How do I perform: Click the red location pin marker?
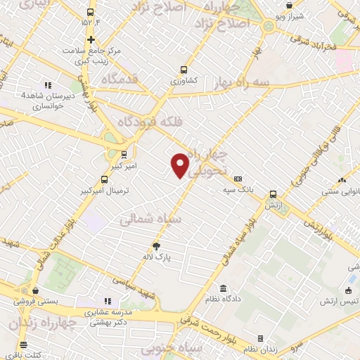click(180, 165)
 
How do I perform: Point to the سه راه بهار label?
click(243, 83)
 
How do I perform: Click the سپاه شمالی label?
click(151, 219)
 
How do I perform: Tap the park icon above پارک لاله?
click(157, 246)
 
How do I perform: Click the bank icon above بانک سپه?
click(238, 179)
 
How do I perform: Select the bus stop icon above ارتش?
click(273, 194)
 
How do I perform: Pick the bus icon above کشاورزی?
click(184, 70)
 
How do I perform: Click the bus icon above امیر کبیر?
click(124, 155)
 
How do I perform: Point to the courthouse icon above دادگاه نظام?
click(224, 289)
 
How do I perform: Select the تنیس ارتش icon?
click(349, 292)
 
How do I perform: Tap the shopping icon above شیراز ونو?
click(290, 5)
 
